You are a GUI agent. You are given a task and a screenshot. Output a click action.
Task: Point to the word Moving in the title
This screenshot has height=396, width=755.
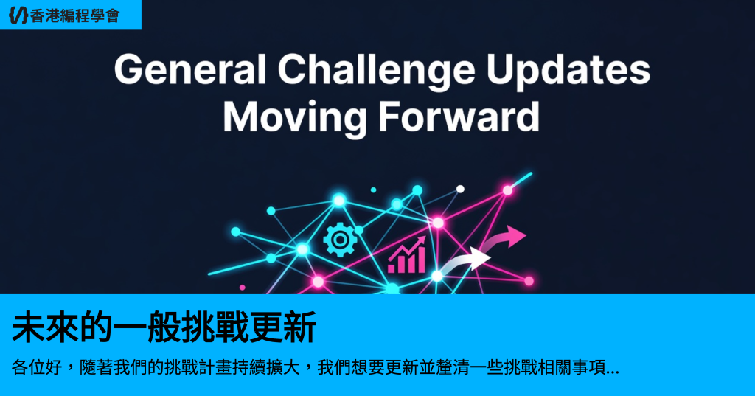point(295,118)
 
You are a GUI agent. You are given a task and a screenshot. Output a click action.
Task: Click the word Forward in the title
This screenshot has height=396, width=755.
point(459,117)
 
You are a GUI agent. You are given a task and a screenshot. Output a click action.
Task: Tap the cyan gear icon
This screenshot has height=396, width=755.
point(340,240)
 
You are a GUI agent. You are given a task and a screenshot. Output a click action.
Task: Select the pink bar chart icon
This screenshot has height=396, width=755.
point(407,254)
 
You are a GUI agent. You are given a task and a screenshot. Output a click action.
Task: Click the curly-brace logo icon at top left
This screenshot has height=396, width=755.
point(18,15)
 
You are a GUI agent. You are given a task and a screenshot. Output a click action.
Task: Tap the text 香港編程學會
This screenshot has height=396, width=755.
point(74,16)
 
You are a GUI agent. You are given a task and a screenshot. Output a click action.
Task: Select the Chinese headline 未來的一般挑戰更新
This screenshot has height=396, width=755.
point(164,327)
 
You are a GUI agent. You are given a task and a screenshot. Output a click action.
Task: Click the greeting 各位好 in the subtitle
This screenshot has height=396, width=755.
point(37,367)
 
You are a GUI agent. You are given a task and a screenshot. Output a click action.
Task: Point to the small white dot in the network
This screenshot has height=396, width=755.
point(460,189)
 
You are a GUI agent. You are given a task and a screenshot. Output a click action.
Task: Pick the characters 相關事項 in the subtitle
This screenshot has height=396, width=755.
point(572,367)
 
